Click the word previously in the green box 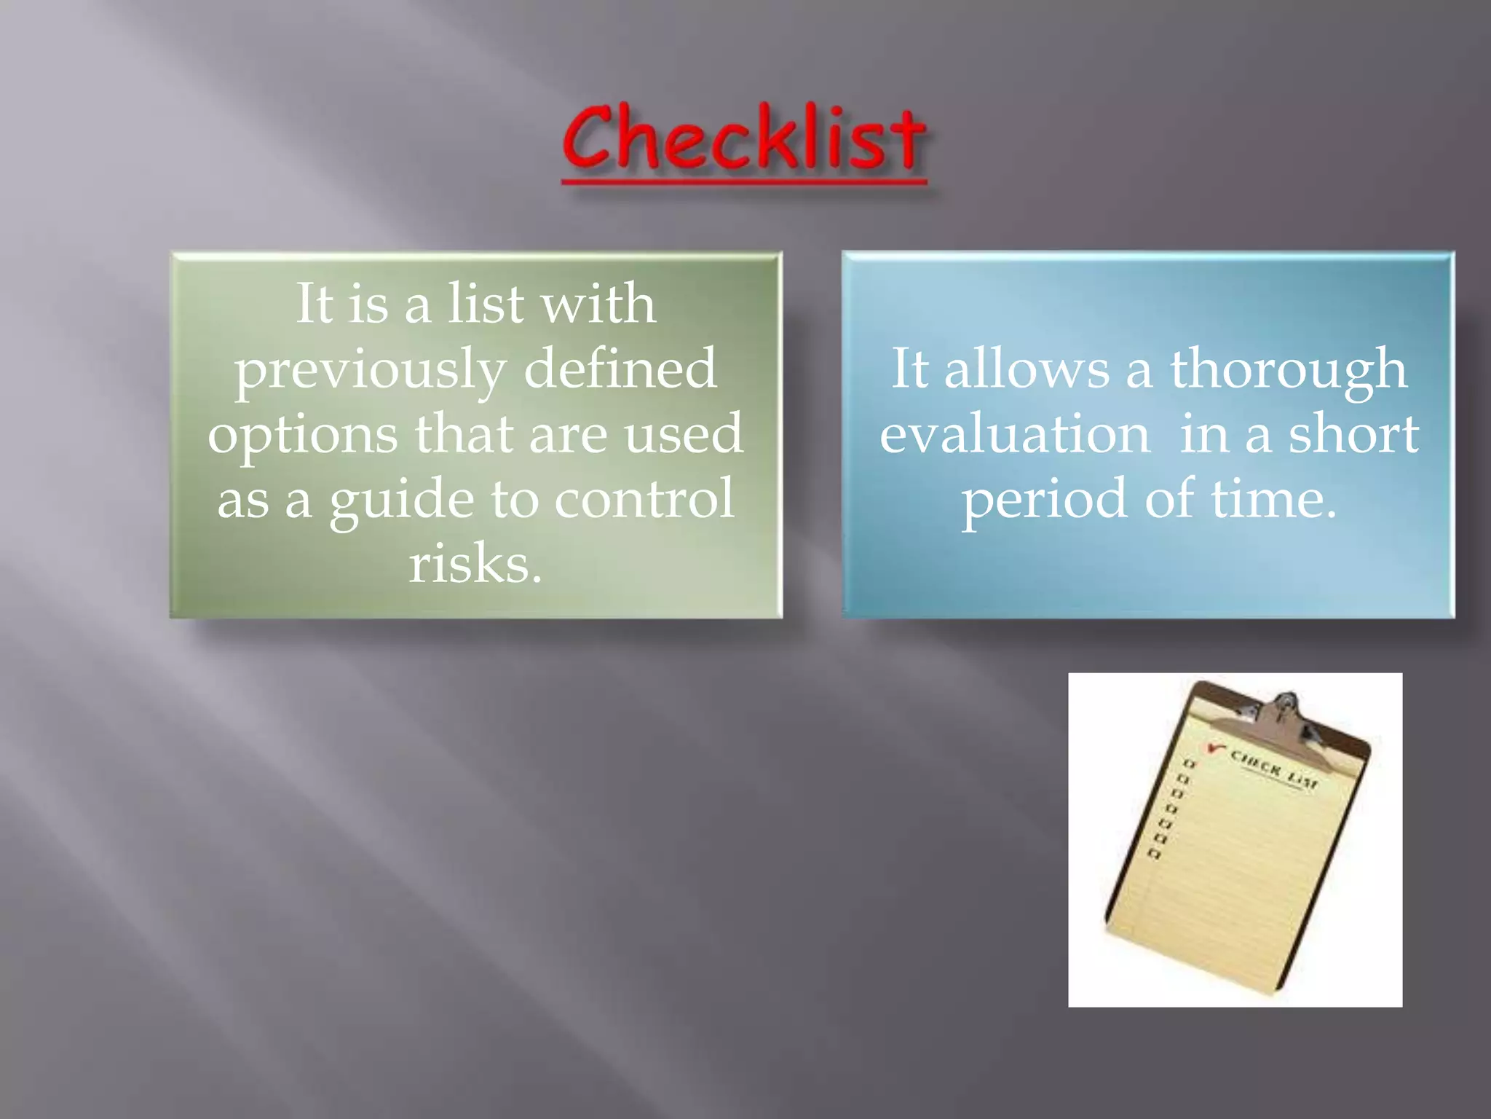pos(369,369)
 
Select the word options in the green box pos(302,435)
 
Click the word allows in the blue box pos(1027,369)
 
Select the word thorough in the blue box pos(1288,369)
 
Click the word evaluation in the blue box pos(1015,434)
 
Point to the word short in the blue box pos(1353,434)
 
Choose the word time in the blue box pos(1274,499)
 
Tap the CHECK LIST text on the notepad pos(1274,769)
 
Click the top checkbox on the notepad pos(1190,763)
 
